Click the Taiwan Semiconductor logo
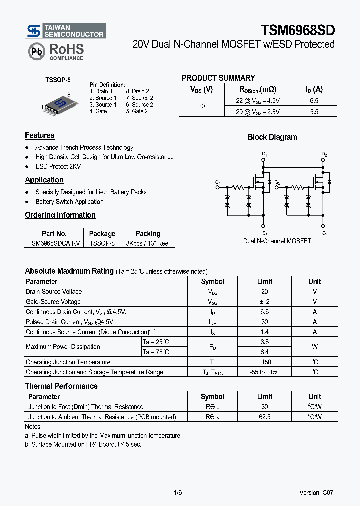[65, 31]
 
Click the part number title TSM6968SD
[298, 31]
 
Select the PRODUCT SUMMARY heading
[218, 78]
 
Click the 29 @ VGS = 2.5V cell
[258, 112]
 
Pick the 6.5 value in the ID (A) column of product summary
[314, 101]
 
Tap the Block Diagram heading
[272, 137]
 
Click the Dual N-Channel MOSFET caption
[277, 241]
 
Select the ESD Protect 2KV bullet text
[58, 166]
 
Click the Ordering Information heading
[60, 215]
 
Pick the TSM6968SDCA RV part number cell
[54, 243]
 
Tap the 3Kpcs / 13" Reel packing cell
[148, 243]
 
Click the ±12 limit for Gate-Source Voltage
[264, 302]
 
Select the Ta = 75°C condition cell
[156, 352]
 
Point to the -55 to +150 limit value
[264, 372]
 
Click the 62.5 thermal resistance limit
[264, 417]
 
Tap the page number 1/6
[178, 492]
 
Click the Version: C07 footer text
[316, 492]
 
